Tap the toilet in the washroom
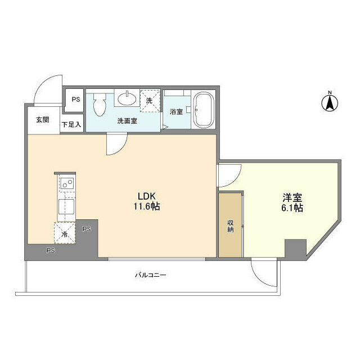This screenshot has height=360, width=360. pyautogui.click(x=100, y=105)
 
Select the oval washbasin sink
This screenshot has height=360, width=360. pyautogui.click(x=127, y=98)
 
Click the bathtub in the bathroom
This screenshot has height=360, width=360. pyautogui.click(x=204, y=110)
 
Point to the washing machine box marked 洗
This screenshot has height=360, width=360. pyautogui.click(x=150, y=101)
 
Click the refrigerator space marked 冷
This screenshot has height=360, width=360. pyautogui.click(x=65, y=233)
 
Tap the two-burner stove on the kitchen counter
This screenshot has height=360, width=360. pyautogui.click(x=67, y=183)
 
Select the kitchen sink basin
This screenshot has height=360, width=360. pyautogui.click(x=66, y=206)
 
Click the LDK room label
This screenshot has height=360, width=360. pyautogui.click(x=147, y=196)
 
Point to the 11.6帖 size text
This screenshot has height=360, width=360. pyautogui.click(x=147, y=206)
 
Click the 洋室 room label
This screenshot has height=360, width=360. pyautogui.click(x=292, y=197)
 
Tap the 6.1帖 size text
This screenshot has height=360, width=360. pyautogui.click(x=292, y=208)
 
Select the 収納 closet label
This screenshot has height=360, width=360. pyautogui.click(x=230, y=226)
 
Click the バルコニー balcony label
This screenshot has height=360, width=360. pyautogui.click(x=150, y=275)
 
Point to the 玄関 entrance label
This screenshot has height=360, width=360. pyautogui.click(x=43, y=120)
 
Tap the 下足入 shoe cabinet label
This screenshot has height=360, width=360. pyautogui.click(x=71, y=124)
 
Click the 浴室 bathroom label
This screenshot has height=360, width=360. pyautogui.click(x=176, y=111)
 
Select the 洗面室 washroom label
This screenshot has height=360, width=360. pyautogui.click(x=127, y=121)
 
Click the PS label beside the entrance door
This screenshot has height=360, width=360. pyautogui.click(x=76, y=100)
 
